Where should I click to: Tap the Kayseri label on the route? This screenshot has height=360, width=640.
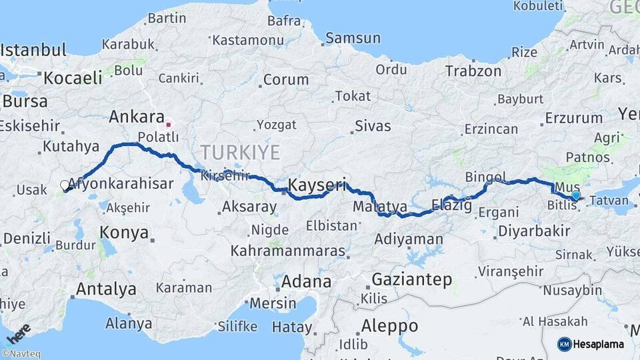pos(317,185)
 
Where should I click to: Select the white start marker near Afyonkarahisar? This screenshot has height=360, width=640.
pos(65,185)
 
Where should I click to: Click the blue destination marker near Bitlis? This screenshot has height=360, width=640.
pos(576,195)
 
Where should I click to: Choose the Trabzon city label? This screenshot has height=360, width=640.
pos(473,71)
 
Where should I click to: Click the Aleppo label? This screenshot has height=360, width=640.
pos(389,326)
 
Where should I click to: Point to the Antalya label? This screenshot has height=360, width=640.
pos(106,289)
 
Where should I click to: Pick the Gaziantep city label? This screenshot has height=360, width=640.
pos(411,279)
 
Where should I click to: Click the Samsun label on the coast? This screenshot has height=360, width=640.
pos(352,39)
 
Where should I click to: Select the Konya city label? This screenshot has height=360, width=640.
pos(123,232)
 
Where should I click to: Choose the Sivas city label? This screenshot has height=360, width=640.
pos(373,125)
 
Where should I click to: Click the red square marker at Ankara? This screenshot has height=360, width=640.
pos(168,123)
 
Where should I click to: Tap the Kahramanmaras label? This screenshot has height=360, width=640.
pos(288,251)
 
